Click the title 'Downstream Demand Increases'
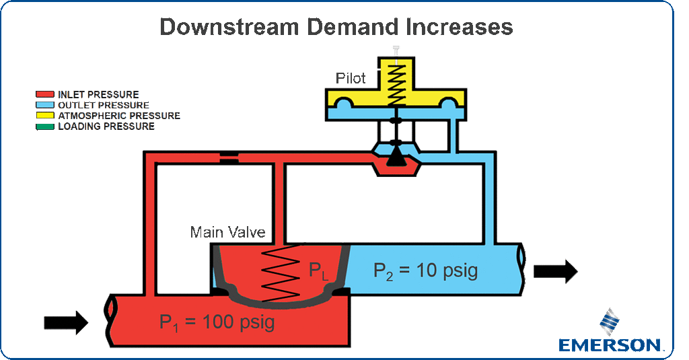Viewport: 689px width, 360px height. pyautogui.click(x=336, y=27)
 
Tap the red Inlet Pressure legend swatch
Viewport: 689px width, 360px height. pyautogui.click(x=46, y=94)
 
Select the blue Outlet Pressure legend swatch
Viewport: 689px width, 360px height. pyautogui.click(x=46, y=105)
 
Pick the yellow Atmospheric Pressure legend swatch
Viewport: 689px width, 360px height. pyautogui.click(x=46, y=116)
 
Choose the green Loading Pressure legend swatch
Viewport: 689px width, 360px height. pyautogui.click(x=46, y=127)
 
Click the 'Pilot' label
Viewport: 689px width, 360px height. pyautogui.click(x=351, y=79)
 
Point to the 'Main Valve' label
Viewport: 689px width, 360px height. pyautogui.click(x=227, y=233)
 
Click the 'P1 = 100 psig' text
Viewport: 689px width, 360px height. pyautogui.click(x=217, y=322)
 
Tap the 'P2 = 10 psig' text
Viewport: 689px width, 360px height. pyautogui.click(x=425, y=271)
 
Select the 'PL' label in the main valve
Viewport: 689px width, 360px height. pyautogui.click(x=318, y=272)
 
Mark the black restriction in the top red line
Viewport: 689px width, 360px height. pyautogui.click(x=229, y=159)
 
